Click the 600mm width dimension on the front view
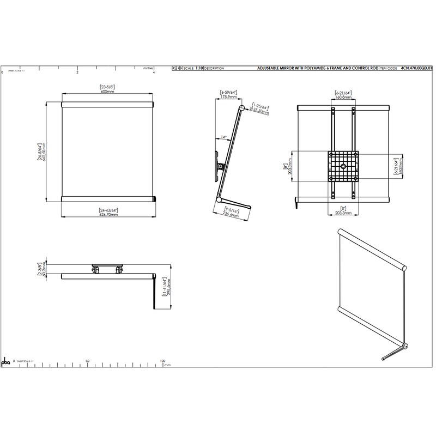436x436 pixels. coord(107,92)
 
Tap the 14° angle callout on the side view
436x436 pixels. coord(223,137)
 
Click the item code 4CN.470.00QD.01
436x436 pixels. coord(416,69)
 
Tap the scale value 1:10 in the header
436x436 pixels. coord(199,69)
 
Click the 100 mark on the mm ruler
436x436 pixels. coord(162,361)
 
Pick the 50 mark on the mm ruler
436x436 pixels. coord(88,361)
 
